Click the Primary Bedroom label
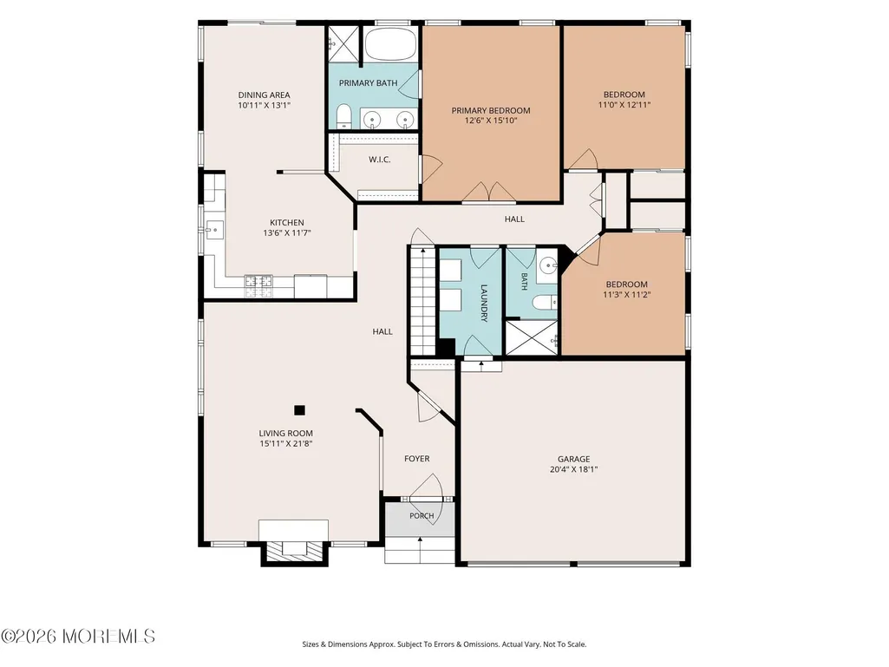coord(490,111)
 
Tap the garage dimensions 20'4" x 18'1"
coord(574,469)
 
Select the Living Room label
coord(285,434)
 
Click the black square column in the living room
coord(299,410)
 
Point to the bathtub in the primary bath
coord(390,44)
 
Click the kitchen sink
coord(214,230)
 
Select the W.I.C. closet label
coord(379,160)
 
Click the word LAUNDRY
coord(484,303)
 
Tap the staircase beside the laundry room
coord(422,301)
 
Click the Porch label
coord(422,515)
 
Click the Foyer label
coord(416,458)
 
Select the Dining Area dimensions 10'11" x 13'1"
coord(265,105)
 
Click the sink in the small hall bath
coord(547,265)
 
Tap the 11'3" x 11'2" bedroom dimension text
coord(626,294)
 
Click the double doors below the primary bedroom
coord(488,192)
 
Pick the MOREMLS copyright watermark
coord(78,637)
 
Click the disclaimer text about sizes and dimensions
coord(444,644)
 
